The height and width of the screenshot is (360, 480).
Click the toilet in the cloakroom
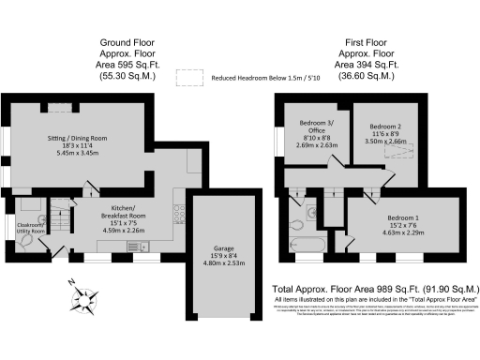[26, 241]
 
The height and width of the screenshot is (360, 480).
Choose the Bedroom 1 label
[408, 224]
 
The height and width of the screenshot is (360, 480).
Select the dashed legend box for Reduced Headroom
[191, 80]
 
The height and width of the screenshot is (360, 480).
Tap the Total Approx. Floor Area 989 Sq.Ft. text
[375, 289]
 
